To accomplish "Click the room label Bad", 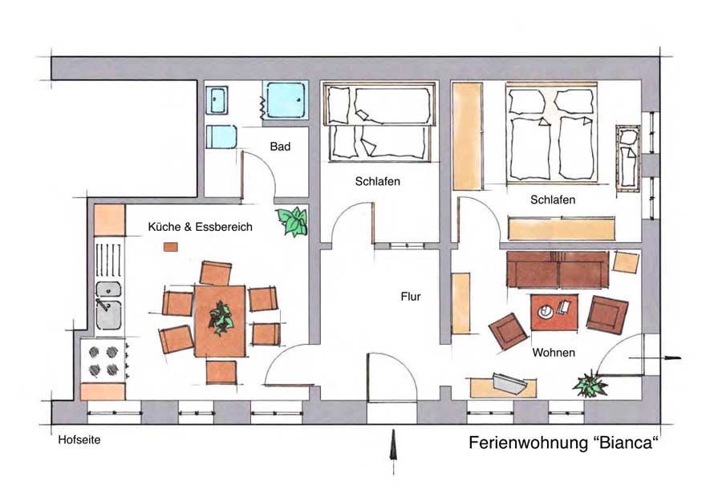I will coord(280,147).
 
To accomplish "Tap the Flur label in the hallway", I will coord(411,297).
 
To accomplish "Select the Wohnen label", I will coord(553,352).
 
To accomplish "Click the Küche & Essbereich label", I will coord(200,227).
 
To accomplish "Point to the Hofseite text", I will coord(79,439).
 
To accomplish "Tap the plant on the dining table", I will coord(221,319).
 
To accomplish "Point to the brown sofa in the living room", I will coord(557,269).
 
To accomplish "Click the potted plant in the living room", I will coord(590,384).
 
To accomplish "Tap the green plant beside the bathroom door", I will coord(294,220).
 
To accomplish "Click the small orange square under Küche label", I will coord(170,247).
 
